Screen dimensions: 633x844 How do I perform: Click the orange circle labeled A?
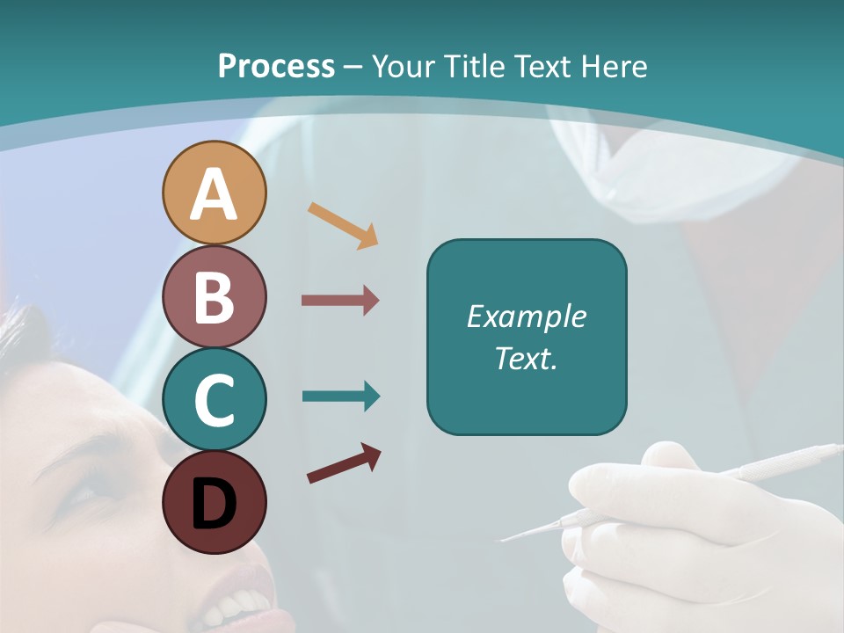(214, 193)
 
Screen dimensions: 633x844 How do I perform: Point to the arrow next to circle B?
(340, 301)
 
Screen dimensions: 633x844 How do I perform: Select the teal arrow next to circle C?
(340, 397)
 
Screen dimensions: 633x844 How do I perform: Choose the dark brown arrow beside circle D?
(344, 463)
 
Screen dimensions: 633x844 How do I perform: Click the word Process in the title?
(276, 66)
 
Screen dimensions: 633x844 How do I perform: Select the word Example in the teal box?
(526, 316)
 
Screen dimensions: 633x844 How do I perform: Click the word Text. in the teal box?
(526, 358)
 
